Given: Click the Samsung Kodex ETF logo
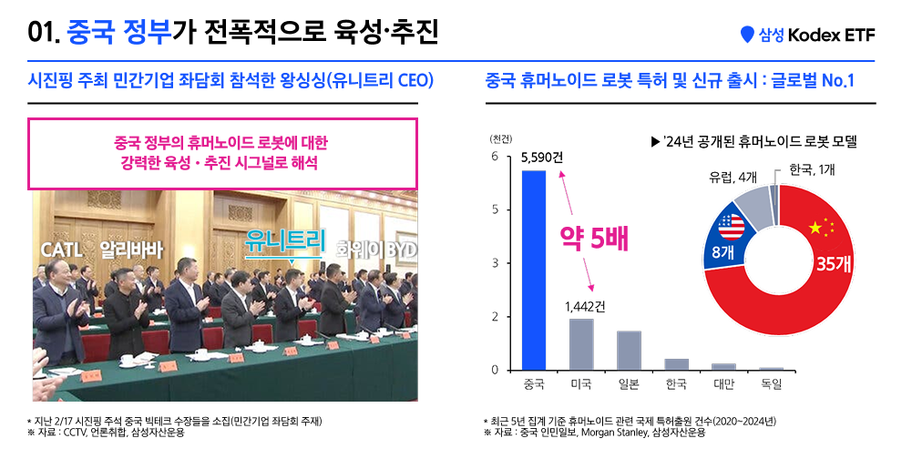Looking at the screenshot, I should pyautogui.click(x=808, y=35).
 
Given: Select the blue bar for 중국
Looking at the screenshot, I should pyautogui.click(x=533, y=270).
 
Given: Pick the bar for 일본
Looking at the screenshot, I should pyautogui.click(x=629, y=351).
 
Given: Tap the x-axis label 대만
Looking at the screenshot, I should pyautogui.click(x=723, y=385).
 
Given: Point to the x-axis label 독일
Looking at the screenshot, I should pyautogui.click(x=771, y=385).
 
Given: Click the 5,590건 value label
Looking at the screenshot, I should pyautogui.click(x=541, y=158).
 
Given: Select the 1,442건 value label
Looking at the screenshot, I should pyautogui.click(x=585, y=306).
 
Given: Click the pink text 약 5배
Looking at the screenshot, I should pyautogui.click(x=594, y=239).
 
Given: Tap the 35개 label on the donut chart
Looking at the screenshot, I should pyautogui.click(x=833, y=263).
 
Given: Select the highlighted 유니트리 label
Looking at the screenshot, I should pyautogui.click(x=285, y=240).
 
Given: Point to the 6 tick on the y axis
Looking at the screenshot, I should pyautogui.click(x=495, y=157).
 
